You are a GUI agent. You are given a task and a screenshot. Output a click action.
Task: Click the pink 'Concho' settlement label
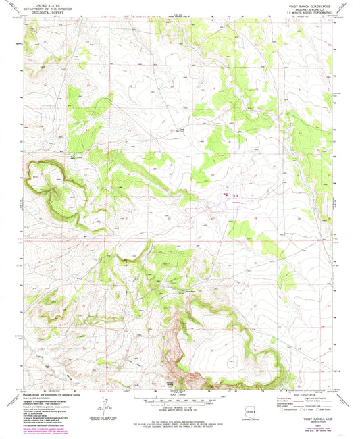click(236, 203)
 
